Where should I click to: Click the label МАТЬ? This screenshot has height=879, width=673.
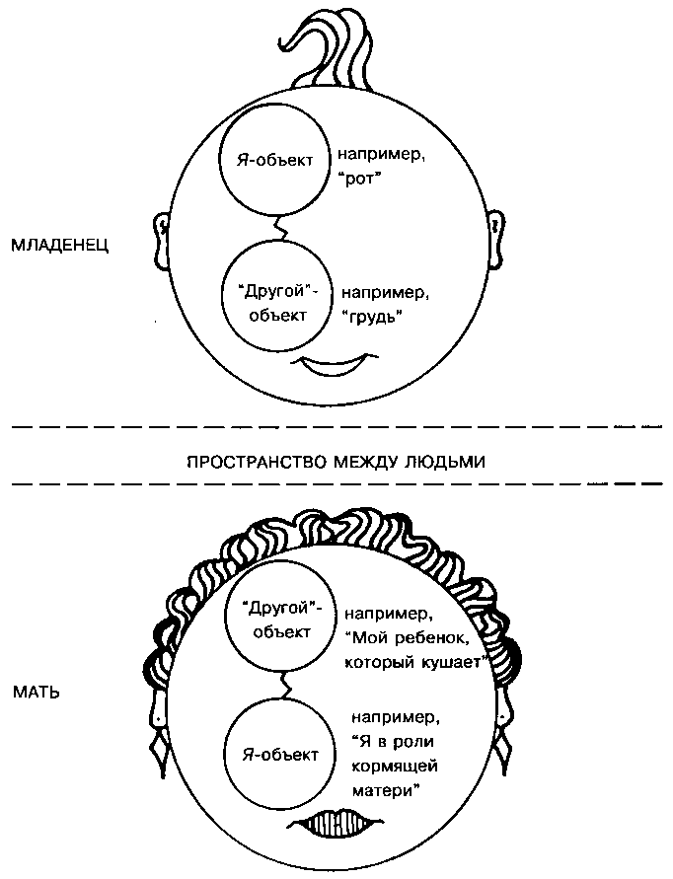(x=37, y=692)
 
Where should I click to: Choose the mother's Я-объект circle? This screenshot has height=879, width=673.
(x=280, y=755)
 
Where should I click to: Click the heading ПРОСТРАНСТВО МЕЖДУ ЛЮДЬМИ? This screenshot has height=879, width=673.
(x=336, y=461)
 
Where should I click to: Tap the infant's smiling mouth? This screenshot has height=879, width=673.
(x=333, y=368)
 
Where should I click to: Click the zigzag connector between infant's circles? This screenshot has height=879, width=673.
(x=279, y=230)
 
